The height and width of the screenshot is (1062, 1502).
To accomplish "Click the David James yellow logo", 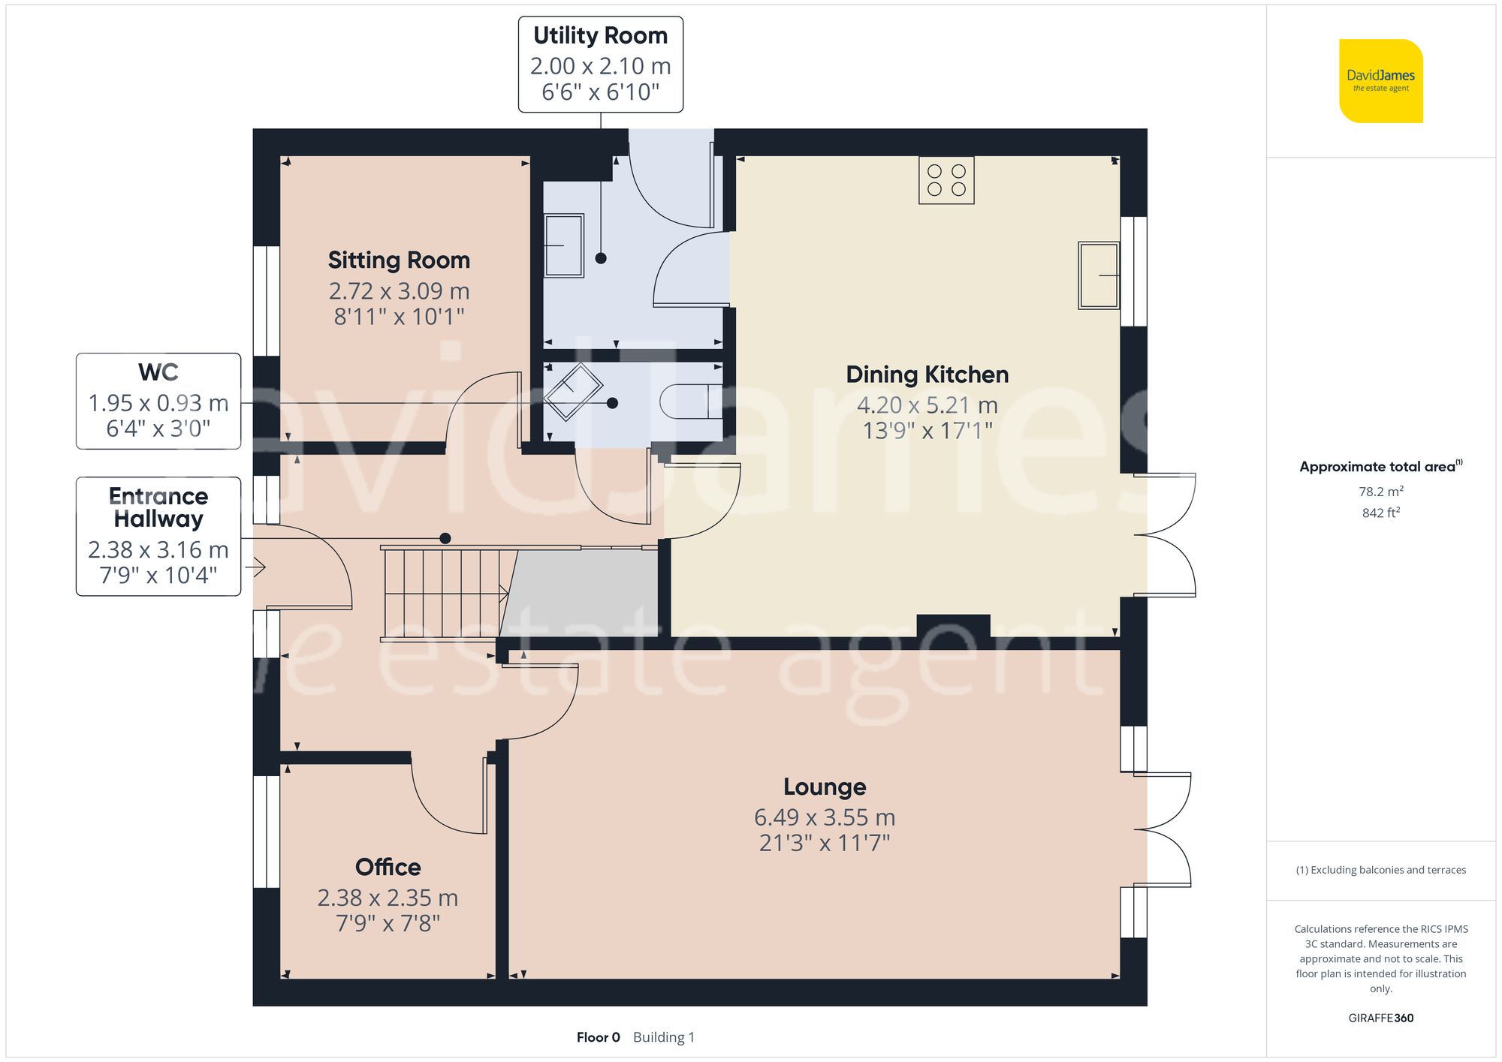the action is pos(1381,81).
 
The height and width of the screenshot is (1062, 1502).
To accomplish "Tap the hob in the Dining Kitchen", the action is pos(946,180).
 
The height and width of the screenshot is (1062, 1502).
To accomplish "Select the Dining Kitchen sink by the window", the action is pos(1099,275).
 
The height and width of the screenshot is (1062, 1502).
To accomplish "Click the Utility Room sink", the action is pos(564,245).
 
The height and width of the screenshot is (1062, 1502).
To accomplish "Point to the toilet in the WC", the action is pos(691,401).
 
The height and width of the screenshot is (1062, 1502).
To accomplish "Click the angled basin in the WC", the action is pos(573,392).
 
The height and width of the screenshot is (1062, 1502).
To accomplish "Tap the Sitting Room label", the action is pos(399,260).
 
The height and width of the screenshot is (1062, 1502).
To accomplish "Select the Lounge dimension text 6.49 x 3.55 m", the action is pos(825,817).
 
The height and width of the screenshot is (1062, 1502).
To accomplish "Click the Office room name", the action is pos(388,867).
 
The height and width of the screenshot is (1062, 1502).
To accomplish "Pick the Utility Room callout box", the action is pos(601,65).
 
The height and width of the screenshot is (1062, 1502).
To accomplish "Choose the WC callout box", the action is pos(158,402).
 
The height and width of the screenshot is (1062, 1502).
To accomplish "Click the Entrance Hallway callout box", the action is pos(158,537).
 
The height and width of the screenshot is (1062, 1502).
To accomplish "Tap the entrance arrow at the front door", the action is pos(255,567).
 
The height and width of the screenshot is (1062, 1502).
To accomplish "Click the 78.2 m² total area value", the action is pos(1381,492).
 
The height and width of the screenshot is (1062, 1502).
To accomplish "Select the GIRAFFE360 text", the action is pos(1381,1018).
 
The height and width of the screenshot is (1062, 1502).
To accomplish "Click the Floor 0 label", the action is pos(599,1037).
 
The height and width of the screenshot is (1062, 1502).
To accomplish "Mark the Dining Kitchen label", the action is pos(927,375).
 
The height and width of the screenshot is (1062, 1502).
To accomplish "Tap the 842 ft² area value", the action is pos(1381,513).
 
